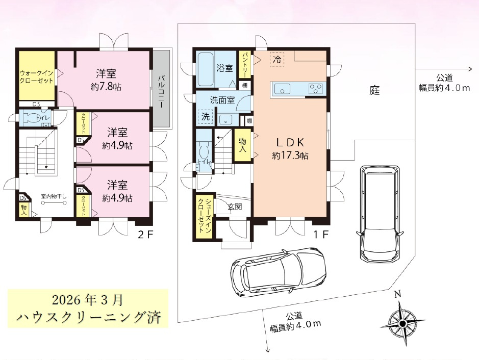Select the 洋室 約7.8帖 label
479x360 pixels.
pos(108,79)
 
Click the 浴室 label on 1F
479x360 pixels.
pos(224,68)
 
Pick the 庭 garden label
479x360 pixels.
pos(375,91)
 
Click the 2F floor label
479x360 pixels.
pos(144,236)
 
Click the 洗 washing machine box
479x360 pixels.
pos(205,116)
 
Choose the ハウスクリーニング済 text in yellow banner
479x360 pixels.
pos(88,317)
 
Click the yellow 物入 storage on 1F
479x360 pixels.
pos(242,145)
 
